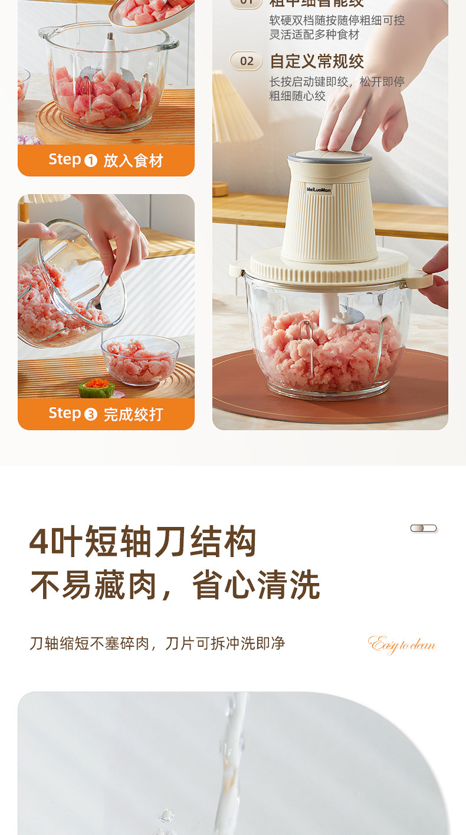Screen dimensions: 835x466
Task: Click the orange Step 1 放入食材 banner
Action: click(106, 161)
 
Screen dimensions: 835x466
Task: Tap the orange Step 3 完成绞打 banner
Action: click(106, 414)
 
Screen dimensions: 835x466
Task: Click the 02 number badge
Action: click(246, 61)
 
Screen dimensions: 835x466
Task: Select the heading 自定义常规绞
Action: click(317, 61)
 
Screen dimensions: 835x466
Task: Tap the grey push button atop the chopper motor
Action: click(330, 156)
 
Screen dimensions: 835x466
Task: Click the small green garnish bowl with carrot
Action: click(97, 388)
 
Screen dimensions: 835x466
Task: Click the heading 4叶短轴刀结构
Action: click(143, 541)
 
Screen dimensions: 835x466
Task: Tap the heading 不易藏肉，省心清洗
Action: click(175, 585)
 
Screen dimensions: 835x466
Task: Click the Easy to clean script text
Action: click(402, 644)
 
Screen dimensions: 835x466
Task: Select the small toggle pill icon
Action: click(424, 528)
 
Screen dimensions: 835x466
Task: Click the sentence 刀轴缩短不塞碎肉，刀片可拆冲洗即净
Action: click(157, 643)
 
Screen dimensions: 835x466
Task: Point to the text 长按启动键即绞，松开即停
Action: click(337, 82)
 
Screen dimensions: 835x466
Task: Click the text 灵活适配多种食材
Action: click(314, 35)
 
